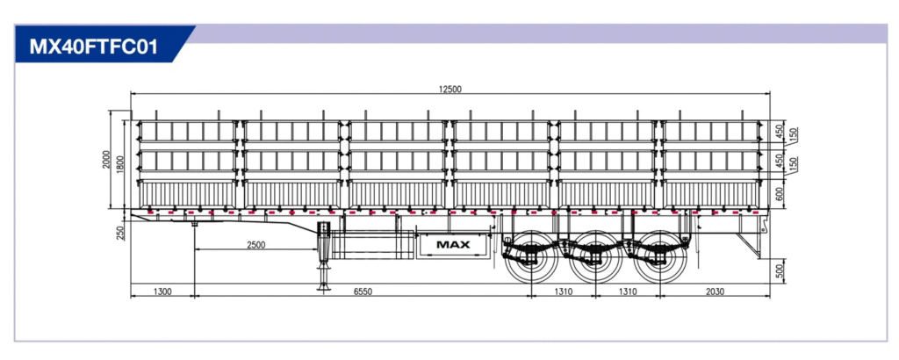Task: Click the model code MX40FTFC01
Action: point(94,46)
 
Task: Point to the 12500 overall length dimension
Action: point(449,88)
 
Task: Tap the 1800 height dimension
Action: point(121,163)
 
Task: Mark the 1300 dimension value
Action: point(162,291)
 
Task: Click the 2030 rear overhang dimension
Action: point(714,291)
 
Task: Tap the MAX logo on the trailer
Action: point(453,245)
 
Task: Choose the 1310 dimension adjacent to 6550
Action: point(565,291)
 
